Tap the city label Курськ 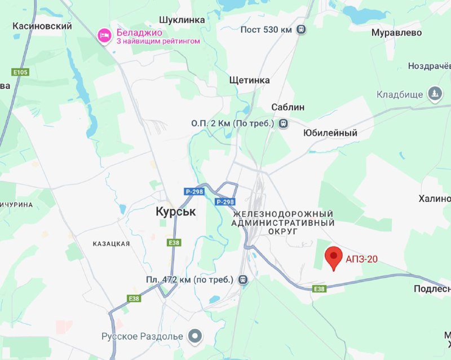[x=175, y=212]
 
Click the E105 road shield [x=20, y=72]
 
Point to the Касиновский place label [x=42, y=26]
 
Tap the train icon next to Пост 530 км [x=302, y=29]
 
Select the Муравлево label [x=396, y=33]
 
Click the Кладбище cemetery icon [x=435, y=94]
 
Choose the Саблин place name [x=288, y=107]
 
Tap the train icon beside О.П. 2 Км [x=283, y=123]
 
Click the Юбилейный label [x=330, y=133]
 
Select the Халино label [x=434, y=199]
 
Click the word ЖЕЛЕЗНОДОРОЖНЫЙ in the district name [x=283, y=214]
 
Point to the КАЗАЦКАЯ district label [x=111, y=244]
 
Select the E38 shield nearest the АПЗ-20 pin [x=320, y=289]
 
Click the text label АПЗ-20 [x=362, y=259]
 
